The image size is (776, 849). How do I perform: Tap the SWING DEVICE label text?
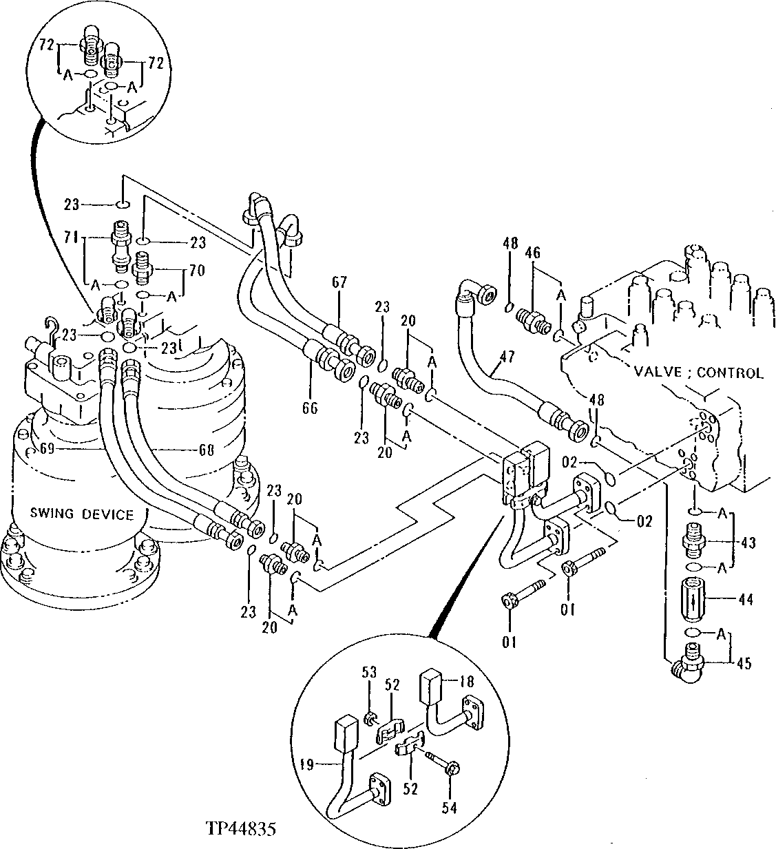click(81, 514)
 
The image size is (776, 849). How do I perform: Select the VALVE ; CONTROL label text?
click(698, 373)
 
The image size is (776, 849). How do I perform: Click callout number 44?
click(746, 600)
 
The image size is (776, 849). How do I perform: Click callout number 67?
click(339, 282)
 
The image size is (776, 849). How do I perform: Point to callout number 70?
click(196, 271)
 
